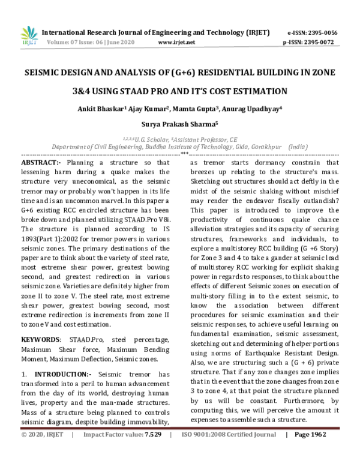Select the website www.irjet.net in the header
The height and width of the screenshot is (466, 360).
tap(176, 43)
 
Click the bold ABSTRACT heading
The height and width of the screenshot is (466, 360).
tap(41, 163)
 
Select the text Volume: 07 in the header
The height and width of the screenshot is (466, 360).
tap(61, 43)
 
